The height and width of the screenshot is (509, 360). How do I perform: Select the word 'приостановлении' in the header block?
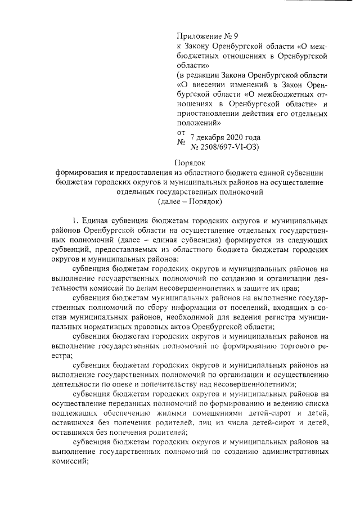205,112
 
